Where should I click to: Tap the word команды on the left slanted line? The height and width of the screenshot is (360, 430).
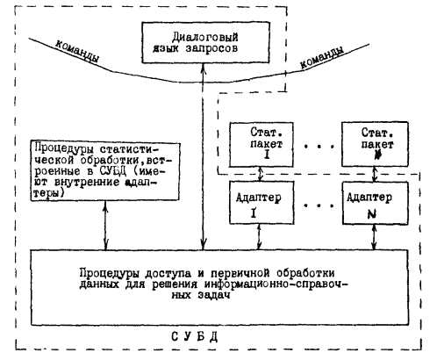tap(77, 51)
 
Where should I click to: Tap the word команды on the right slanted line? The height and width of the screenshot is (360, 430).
tap(322, 58)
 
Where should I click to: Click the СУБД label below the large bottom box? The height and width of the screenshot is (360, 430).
tap(195, 337)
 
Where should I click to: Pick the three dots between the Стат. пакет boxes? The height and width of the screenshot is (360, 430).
tap(319, 146)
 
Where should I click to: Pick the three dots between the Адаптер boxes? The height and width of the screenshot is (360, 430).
tap(319, 205)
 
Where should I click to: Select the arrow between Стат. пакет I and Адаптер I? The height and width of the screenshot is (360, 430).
tap(261, 174)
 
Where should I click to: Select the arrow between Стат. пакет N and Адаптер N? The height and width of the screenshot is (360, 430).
tap(374, 174)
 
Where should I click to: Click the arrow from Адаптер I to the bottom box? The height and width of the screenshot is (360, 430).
tap(259, 237)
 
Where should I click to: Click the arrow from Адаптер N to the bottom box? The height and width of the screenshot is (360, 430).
tap(374, 237)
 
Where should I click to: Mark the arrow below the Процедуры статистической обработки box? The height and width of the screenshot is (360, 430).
tap(106, 225)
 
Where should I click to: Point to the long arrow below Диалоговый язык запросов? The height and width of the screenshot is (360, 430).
tap(204, 156)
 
